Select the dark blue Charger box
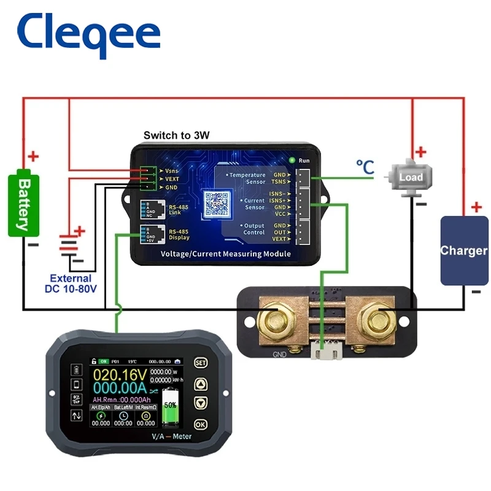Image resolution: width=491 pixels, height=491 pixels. point(464,250)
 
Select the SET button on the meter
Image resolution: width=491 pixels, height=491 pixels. point(200,363)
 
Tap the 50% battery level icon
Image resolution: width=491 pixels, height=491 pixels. point(170,405)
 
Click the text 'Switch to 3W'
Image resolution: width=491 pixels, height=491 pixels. point(177,135)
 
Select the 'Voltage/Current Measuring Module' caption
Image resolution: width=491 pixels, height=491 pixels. point(225,253)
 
